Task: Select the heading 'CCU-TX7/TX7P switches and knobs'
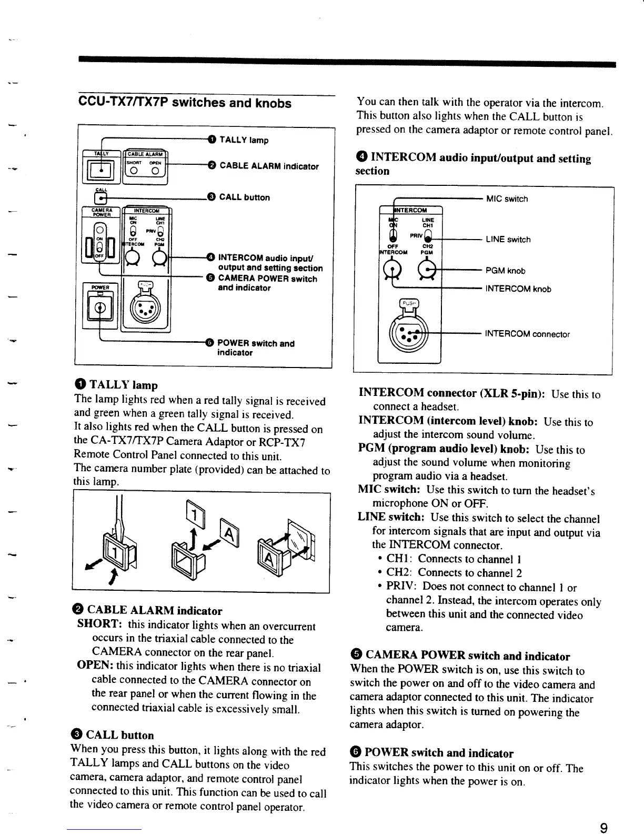[x=184, y=103]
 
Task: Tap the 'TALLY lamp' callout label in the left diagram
[x=244, y=140]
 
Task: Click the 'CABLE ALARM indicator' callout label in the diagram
[x=269, y=166]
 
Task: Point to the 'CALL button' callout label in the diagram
[x=244, y=197]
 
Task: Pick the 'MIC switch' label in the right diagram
[x=507, y=199]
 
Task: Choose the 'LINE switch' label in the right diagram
[x=508, y=240]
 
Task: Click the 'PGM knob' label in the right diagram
[x=505, y=271]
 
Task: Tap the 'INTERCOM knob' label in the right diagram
[x=518, y=289]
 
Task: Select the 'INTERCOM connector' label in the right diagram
[x=527, y=334]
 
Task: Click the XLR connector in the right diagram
[x=409, y=334]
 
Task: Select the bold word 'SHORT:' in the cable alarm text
[x=100, y=624]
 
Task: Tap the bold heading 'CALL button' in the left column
[x=119, y=735]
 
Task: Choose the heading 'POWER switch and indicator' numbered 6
[x=438, y=753]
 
